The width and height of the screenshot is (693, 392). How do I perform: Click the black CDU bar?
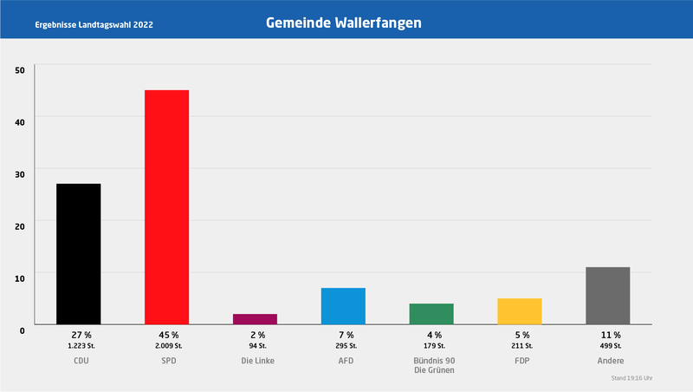[x=79, y=253]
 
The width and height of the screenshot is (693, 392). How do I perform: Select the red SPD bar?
[x=166, y=206]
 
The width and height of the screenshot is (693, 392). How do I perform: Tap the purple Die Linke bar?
[x=255, y=319]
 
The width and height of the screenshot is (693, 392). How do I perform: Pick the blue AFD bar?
[x=343, y=306]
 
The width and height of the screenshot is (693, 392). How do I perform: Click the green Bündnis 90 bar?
[x=431, y=314]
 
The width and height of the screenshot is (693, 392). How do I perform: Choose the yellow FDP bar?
[x=520, y=311]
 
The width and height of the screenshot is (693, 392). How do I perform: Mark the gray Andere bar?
[x=608, y=296]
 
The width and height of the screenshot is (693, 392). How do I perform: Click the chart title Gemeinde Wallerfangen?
[x=344, y=23]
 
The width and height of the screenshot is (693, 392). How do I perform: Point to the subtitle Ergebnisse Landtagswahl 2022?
[x=94, y=24]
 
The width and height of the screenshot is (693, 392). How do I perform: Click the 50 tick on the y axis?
[x=20, y=69]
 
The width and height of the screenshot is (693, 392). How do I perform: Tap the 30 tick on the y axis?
[x=20, y=173]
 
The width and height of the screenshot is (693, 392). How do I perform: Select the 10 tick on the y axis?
[x=20, y=277]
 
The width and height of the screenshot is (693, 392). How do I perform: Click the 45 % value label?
[x=168, y=335]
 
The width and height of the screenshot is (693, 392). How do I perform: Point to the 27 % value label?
[x=81, y=335]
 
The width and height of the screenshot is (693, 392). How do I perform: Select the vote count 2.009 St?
[x=168, y=346]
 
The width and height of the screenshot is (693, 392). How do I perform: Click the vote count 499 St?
[x=610, y=346]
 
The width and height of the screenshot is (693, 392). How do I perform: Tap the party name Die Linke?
[x=257, y=361]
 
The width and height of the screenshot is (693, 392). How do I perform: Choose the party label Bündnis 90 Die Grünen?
[x=433, y=365]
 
